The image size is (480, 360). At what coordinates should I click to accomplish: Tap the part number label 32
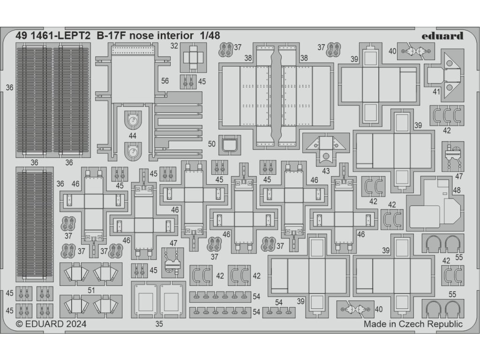174,46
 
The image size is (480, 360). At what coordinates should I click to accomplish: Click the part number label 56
165,81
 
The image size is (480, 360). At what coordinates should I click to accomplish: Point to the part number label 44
133,136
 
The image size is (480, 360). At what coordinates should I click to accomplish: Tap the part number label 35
159,323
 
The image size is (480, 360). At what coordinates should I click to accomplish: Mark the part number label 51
91,290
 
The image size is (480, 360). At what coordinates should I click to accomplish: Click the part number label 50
212,144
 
